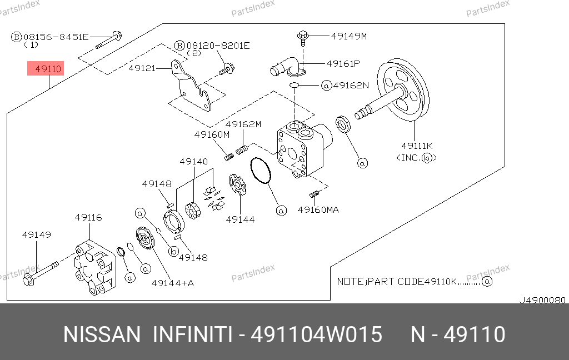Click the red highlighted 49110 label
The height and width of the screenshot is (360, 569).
pyautogui.click(x=47, y=69)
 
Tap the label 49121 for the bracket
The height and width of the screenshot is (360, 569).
pyautogui.click(x=142, y=68)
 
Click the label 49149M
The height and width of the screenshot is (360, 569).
pyautogui.click(x=348, y=37)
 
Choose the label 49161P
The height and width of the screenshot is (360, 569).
pyautogui.click(x=343, y=64)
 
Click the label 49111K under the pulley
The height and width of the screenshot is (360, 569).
pyautogui.click(x=417, y=146)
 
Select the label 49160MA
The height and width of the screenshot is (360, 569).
pyautogui.click(x=318, y=209)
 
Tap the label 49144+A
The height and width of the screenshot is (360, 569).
pyautogui.click(x=173, y=283)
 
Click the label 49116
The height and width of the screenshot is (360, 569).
pyautogui.click(x=88, y=217)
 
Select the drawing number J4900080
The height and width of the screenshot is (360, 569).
pyautogui.click(x=542, y=300)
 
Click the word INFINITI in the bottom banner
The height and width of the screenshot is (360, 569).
pyautogui.click(x=192, y=335)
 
